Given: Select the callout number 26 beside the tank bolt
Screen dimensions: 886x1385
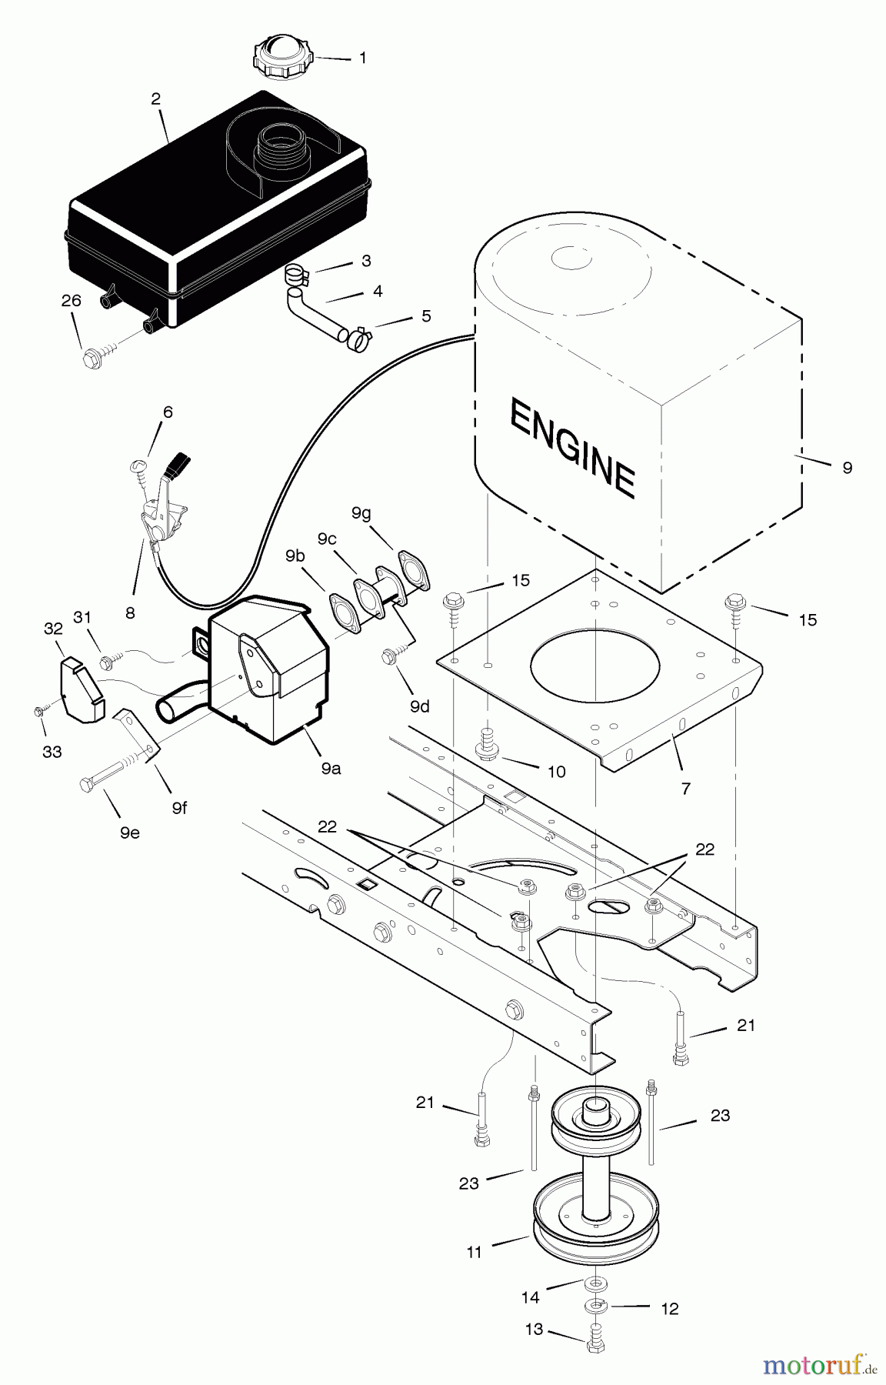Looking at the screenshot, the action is (71, 301).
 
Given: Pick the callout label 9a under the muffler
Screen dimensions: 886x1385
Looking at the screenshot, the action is (331, 768).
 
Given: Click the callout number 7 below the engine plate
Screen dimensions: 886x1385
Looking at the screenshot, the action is (685, 788).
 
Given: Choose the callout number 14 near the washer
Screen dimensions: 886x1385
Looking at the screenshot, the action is (530, 1297).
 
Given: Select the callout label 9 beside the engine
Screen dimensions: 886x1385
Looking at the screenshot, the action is (847, 467).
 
